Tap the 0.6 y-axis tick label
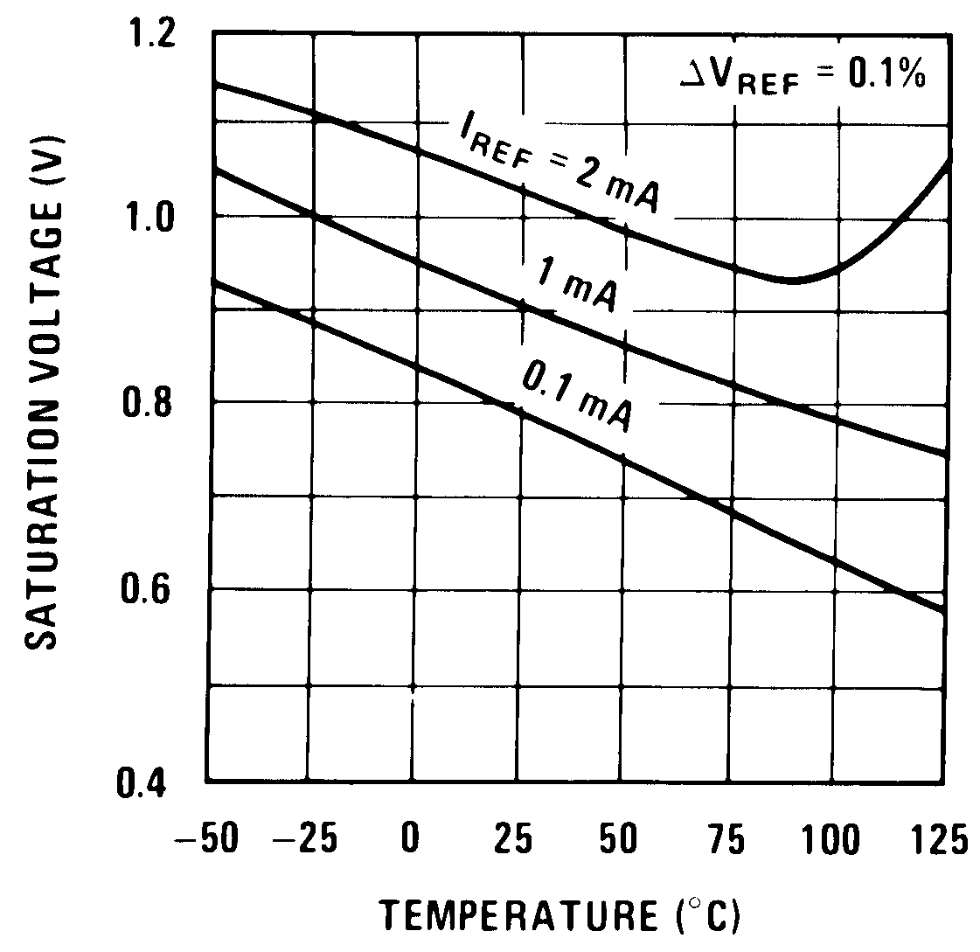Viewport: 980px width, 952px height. pos(154,590)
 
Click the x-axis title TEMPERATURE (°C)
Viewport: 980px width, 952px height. pos(560,915)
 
